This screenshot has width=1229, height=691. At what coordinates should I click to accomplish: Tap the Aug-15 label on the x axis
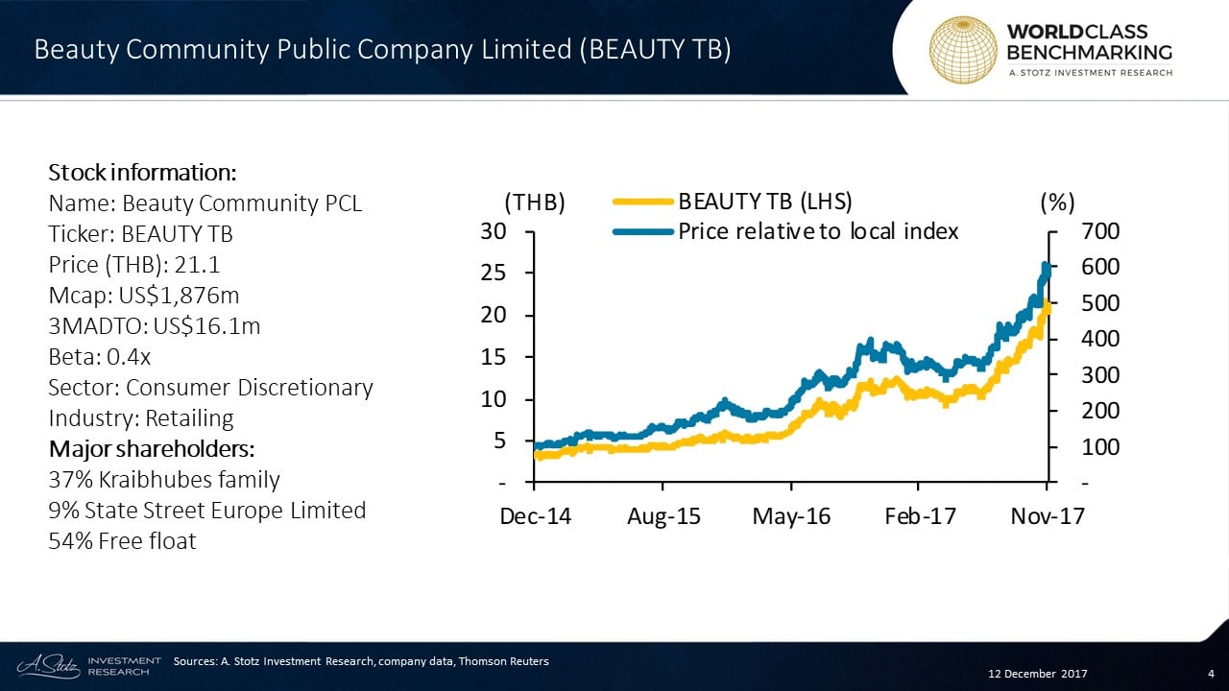[x=663, y=516]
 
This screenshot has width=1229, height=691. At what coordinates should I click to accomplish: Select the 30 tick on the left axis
[x=494, y=231]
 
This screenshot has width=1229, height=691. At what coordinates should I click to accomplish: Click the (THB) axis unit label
[x=535, y=203]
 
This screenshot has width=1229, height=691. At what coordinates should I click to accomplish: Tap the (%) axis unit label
[x=1056, y=203]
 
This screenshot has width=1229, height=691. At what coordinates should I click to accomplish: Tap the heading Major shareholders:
[x=151, y=449]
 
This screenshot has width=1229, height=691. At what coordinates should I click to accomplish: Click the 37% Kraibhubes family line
[x=164, y=480]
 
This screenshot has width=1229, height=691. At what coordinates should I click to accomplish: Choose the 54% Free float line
[x=122, y=541]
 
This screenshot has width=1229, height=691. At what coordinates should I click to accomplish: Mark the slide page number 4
[x=1211, y=673]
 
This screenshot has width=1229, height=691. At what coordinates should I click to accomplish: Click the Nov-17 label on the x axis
[x=1048, y=516]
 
